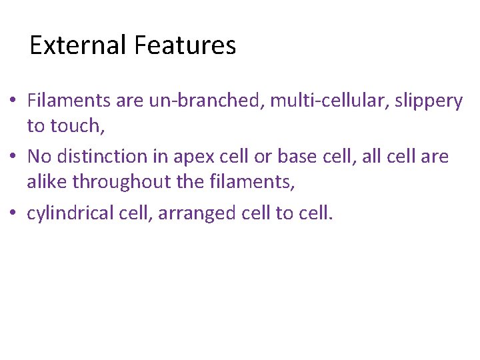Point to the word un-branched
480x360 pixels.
(x=203, y=101)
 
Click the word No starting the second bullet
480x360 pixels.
(x=39, y=157)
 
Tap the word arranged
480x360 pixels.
(x=193, y=213)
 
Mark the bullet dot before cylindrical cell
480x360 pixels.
(x=13, y=213)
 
